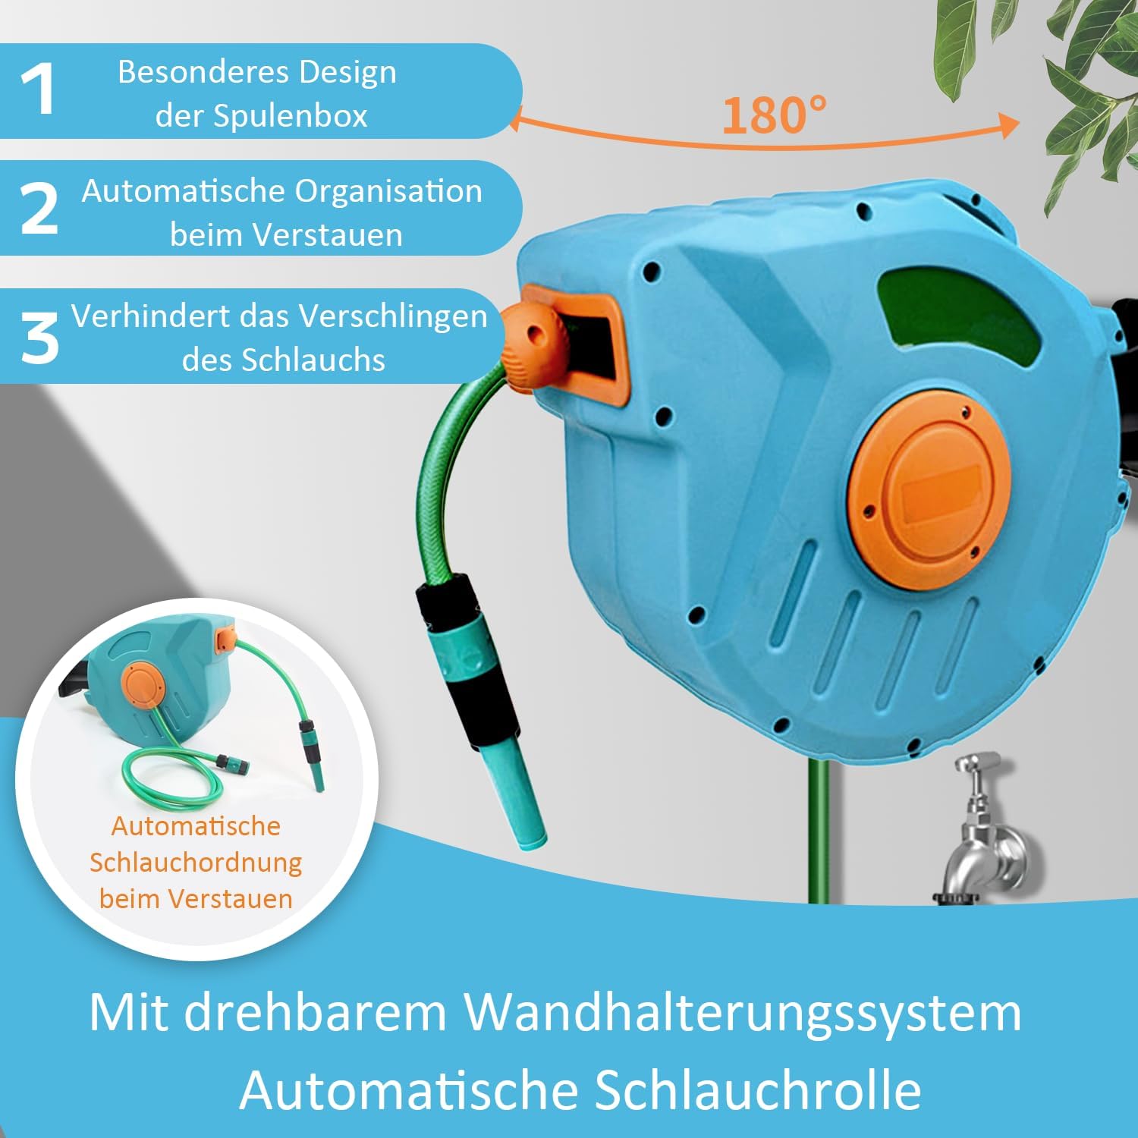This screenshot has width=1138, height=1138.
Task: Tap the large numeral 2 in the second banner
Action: pyautogui.click(x=39, y=208)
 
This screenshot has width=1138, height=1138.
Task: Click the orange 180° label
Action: pyautogui.click(x=774, y=115)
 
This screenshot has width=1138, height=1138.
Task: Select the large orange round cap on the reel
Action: pyautogui.click(x=929, y=489)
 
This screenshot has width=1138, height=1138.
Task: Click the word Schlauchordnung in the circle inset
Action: pyautogui.click(x=196, y=863)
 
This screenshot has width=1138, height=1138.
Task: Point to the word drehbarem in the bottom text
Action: pyautogui.click(x=315, y=1012)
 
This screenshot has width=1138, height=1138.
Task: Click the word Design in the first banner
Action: pyautogui.click(x=347, y=74)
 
